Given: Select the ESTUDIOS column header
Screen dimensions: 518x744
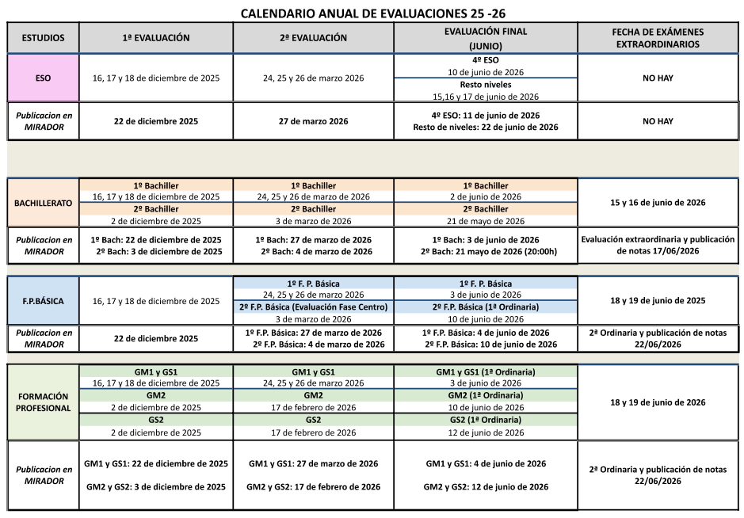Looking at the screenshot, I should tap(44, 37).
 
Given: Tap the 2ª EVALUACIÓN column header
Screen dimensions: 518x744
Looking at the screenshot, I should tap(314, 37).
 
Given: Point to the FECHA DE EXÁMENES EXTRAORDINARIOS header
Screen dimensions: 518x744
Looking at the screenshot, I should tap(658, 38).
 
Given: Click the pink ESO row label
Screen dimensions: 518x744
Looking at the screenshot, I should tap(44, 78).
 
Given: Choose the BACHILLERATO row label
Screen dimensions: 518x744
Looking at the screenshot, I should tap(44, 203).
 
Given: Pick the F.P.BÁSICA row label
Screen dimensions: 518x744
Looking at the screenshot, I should tap(44, 301).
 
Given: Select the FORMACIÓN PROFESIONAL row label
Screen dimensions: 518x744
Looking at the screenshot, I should tap(44, 402).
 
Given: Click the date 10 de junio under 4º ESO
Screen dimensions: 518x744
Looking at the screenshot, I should tap(486, 72).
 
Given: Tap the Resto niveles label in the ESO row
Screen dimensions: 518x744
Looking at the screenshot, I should tap(486, 84).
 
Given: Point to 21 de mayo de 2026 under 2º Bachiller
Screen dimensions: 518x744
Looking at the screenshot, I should tap(486, 221).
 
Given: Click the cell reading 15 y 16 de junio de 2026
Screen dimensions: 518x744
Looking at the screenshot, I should tap(658, 203).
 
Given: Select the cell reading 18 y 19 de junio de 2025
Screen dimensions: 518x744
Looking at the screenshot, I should tap(658, 301).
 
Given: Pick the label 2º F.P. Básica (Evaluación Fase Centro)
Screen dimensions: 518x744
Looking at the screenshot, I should tap(314, 307).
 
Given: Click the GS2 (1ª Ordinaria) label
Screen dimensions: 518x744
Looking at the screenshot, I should tap(486, 420).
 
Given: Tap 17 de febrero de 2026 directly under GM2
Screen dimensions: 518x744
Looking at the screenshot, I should tap(314, 407).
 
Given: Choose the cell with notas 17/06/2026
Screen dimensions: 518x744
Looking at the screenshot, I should tap(658, 245).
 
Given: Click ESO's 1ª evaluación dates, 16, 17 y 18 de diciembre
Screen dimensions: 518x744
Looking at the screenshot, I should tap(156, 78).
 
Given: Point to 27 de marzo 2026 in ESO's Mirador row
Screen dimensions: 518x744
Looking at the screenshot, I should tap(314, 121).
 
